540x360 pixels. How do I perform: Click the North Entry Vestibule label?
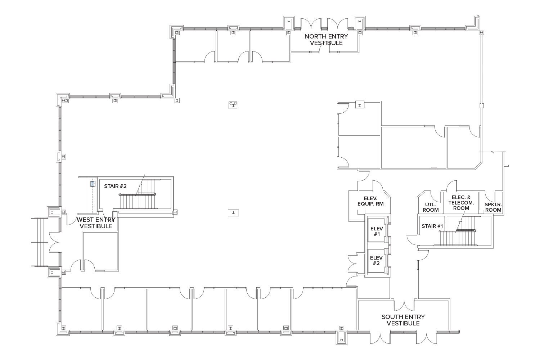326,40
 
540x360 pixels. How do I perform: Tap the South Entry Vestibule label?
403,320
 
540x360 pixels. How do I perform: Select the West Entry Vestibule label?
96,223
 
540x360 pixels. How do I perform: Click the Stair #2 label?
115,186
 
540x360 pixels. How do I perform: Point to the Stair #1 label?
432,226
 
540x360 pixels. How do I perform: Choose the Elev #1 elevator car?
376,231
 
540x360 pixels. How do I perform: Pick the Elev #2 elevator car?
376,261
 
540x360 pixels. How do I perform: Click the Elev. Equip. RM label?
370,201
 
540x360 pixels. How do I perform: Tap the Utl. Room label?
431,207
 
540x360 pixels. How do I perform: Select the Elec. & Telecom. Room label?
461,203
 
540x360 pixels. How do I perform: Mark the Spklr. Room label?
493,207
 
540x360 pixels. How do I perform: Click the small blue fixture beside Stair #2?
93,184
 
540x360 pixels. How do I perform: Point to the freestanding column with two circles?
233,105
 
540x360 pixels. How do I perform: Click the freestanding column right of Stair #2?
233,213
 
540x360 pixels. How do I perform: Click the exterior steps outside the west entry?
39,242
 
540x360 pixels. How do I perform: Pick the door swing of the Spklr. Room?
489,196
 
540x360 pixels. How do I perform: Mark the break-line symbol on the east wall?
492,152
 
